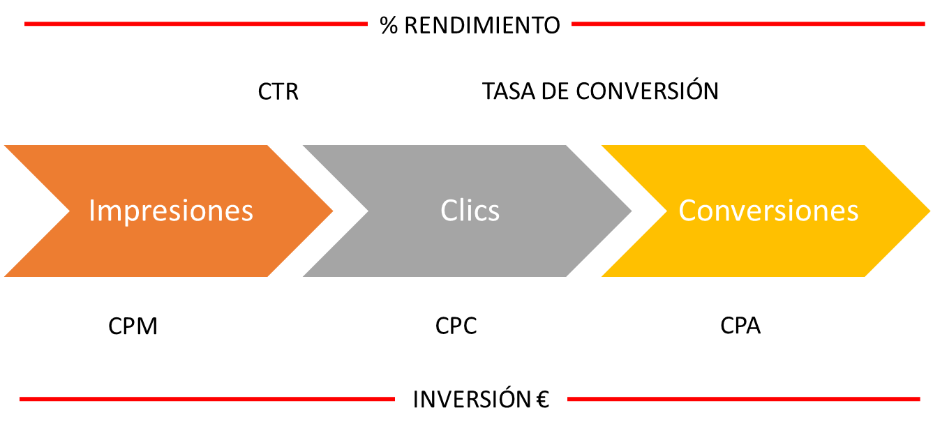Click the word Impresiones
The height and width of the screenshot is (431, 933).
(171, 211)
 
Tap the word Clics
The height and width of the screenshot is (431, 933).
(470, 211)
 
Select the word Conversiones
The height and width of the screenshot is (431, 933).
(768, 211)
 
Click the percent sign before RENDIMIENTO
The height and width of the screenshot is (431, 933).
(388, 25)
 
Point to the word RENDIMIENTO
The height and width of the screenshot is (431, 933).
(482, 25)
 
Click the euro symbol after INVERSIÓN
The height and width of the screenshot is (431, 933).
(543, 400)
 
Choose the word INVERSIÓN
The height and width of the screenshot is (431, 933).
(472, 400)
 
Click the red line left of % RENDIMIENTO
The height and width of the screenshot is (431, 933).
(195, 24)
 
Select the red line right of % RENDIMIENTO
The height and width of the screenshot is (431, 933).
(747, 24)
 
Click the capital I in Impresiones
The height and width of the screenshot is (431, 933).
(91, 211)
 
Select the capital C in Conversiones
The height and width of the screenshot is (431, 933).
(687, 211)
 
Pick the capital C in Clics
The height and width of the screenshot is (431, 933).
(448, 211)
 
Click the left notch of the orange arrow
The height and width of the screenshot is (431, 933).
(67, 211)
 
